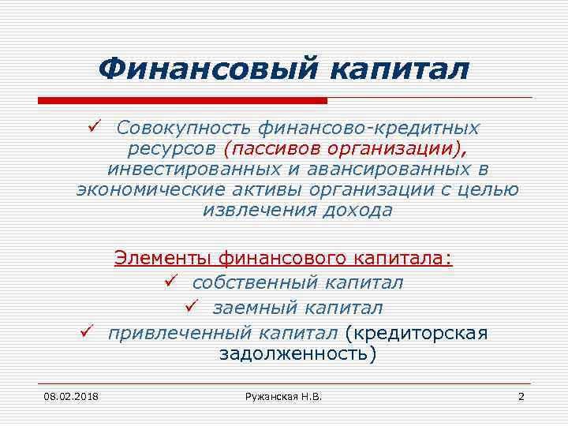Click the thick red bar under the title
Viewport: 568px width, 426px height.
pyautogui.click(x=182, y=101)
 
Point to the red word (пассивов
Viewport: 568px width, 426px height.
pyautogui.click(x=273, y=148)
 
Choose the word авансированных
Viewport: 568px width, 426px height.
pyautogui.click(x=388, y=169)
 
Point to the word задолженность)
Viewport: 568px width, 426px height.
pyautogui.click(x=297, y=353)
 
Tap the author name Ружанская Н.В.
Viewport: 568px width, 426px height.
pyautogui.click(x=283, y=395)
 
